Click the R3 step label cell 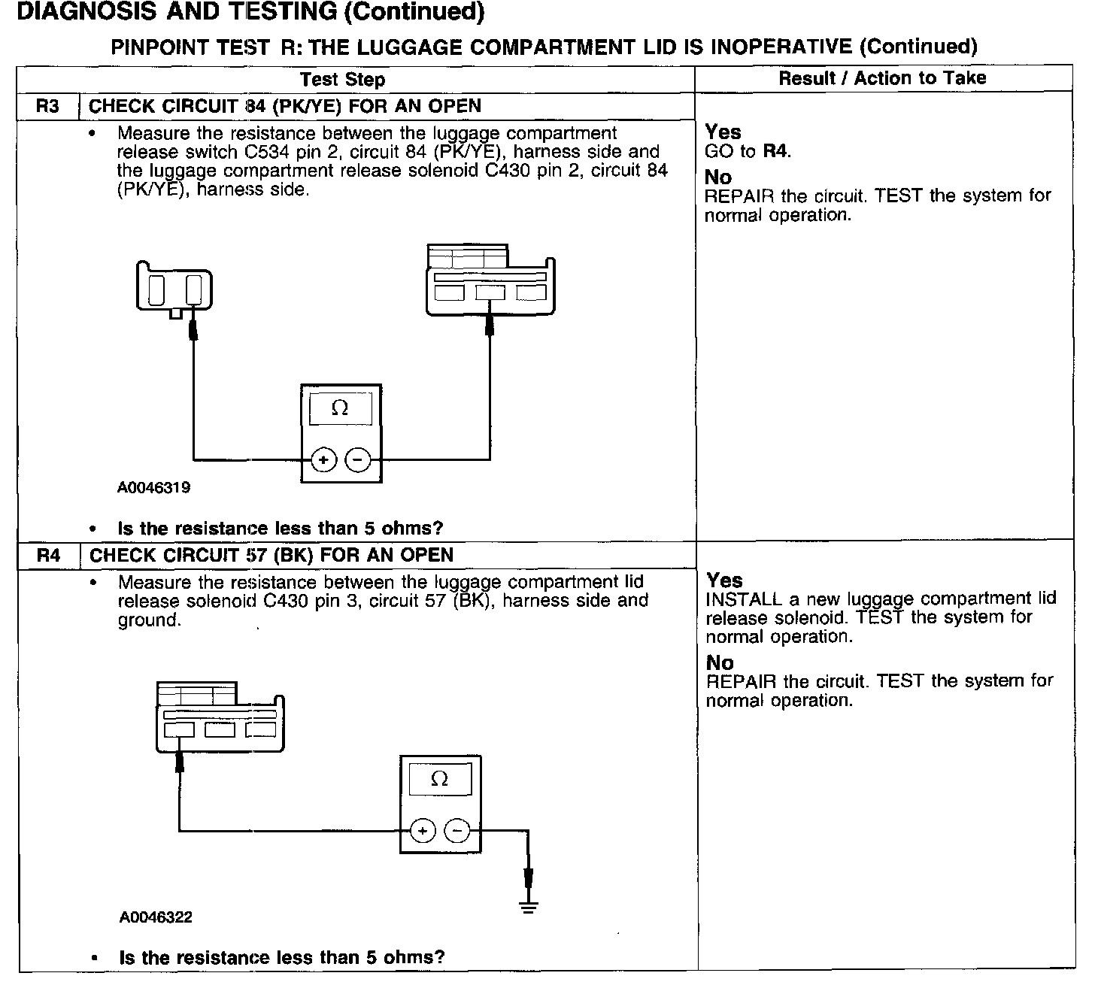(x=47, y=106)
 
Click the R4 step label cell (x=48, y=556)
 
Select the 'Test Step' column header (x=342, y=80)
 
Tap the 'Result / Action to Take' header (x=882, y=78)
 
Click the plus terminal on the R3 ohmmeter (x=323, y=459)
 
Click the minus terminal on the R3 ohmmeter (x=358, y=459)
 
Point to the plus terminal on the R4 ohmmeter (x=423, y=831)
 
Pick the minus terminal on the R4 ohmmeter (x=457, y=831)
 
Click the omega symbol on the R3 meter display (x=340, y=408)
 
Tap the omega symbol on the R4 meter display (x=440, y=779)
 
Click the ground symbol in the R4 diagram (x=529, y=905)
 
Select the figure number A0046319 (x=153, y=487)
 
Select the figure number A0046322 (x=155, y=917)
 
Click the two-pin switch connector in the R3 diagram (x=174, y=286)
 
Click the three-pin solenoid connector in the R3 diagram (x=490, y=280)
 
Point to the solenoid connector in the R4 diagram (x=220, y=717)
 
